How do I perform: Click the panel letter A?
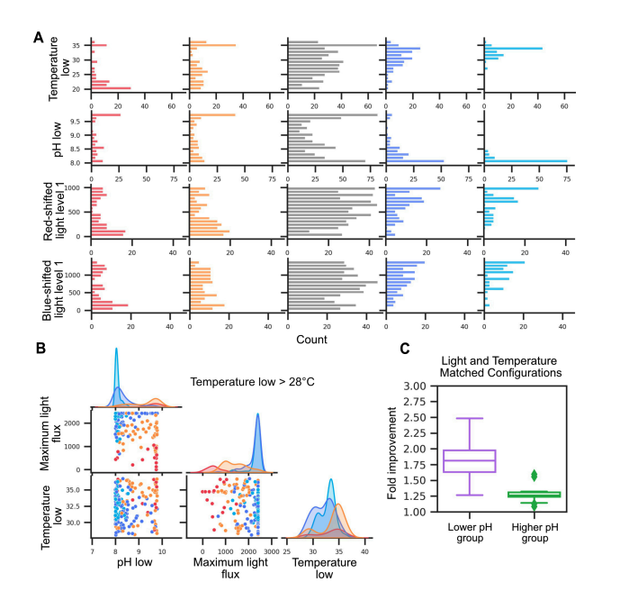(x=38, y=37)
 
